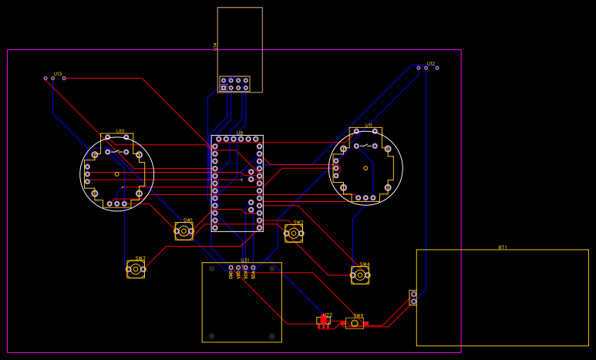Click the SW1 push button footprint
(x=184, y=230)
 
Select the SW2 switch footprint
(x=294, y=233)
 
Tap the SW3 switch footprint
(x=136, y=269)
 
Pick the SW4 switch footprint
(x=360, y=274)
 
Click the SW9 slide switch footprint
(x=355, y=323)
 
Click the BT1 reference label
(x=503, y=247)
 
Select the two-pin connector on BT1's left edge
(x=413, y=298)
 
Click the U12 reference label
(x=431, y=63)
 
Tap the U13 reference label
(x=58, y=73)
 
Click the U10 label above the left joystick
(x=120, y=131)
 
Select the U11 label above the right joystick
(x=369, y=125)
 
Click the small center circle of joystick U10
(x=117, y=174)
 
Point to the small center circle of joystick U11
(x=365, y=168)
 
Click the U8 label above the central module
(x=240, y=133)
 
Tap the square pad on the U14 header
(x=224, y=88)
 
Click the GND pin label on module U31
(x=231, y=274)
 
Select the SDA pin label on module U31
(x=253, y=274)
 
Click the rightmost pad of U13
(x=64, y=78)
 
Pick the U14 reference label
(x=215, y=45)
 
